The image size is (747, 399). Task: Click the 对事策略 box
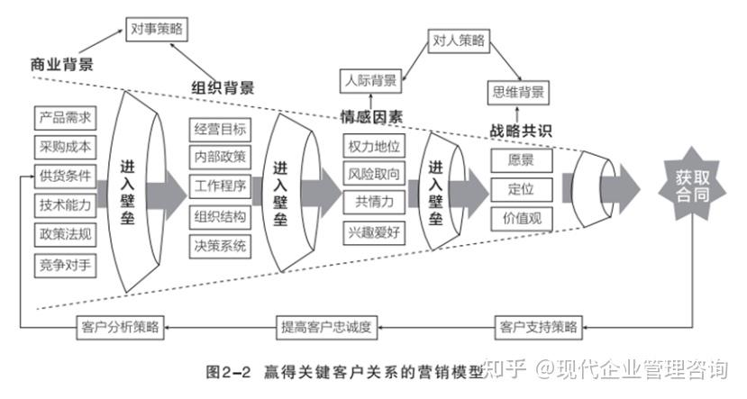157,30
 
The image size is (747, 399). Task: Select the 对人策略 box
459,41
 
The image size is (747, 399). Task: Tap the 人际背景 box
370,81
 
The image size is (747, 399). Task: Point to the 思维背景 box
518,93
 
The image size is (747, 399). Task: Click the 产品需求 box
65,118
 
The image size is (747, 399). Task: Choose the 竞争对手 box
65,266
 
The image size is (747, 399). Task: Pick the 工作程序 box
220,186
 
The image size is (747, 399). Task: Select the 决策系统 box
220,247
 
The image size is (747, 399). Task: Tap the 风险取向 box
374,174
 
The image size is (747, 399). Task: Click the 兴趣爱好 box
374,233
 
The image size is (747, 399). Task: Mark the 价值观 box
522,219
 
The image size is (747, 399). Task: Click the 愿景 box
522,160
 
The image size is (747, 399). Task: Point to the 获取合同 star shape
692,186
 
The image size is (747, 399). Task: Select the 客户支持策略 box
538,328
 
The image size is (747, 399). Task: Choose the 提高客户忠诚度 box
327,328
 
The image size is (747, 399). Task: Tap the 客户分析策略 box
120,328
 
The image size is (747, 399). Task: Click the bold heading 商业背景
62,64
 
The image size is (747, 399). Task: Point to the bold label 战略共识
521,131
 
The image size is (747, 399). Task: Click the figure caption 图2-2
228,372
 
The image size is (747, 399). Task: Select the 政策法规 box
65,235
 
